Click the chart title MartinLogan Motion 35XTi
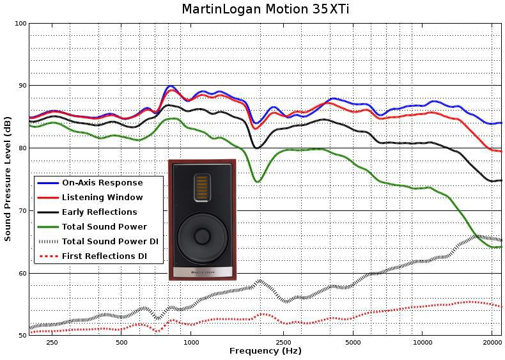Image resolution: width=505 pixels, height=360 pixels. point(265,9)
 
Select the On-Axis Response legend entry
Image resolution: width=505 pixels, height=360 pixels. point(102,183)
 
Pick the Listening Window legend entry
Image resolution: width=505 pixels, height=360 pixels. point(102,198)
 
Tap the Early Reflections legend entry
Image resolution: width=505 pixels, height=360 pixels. point(99,212)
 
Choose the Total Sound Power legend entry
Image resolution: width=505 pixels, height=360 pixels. point(104,227)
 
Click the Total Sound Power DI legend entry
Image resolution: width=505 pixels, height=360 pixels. point(110,242)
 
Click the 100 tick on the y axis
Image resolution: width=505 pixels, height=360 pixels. point(20,24)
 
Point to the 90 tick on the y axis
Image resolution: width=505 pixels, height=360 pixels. point(22,86)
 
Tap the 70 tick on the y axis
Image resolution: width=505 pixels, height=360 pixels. point(22,211)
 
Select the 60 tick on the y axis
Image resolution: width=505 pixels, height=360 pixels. point(22,274)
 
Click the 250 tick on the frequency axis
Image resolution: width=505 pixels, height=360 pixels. point(52,343)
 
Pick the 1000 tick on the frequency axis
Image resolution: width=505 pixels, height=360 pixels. point(191,343)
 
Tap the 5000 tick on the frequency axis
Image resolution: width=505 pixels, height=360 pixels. point(353,343)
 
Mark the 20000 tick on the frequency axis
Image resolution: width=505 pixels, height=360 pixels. point(492,343)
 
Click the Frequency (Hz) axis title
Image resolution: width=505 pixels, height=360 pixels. point(265,351)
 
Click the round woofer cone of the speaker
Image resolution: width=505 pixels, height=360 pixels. point(202,235)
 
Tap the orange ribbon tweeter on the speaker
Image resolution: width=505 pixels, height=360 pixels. point(202,187)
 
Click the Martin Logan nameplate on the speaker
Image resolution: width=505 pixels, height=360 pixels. point(202,272)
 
